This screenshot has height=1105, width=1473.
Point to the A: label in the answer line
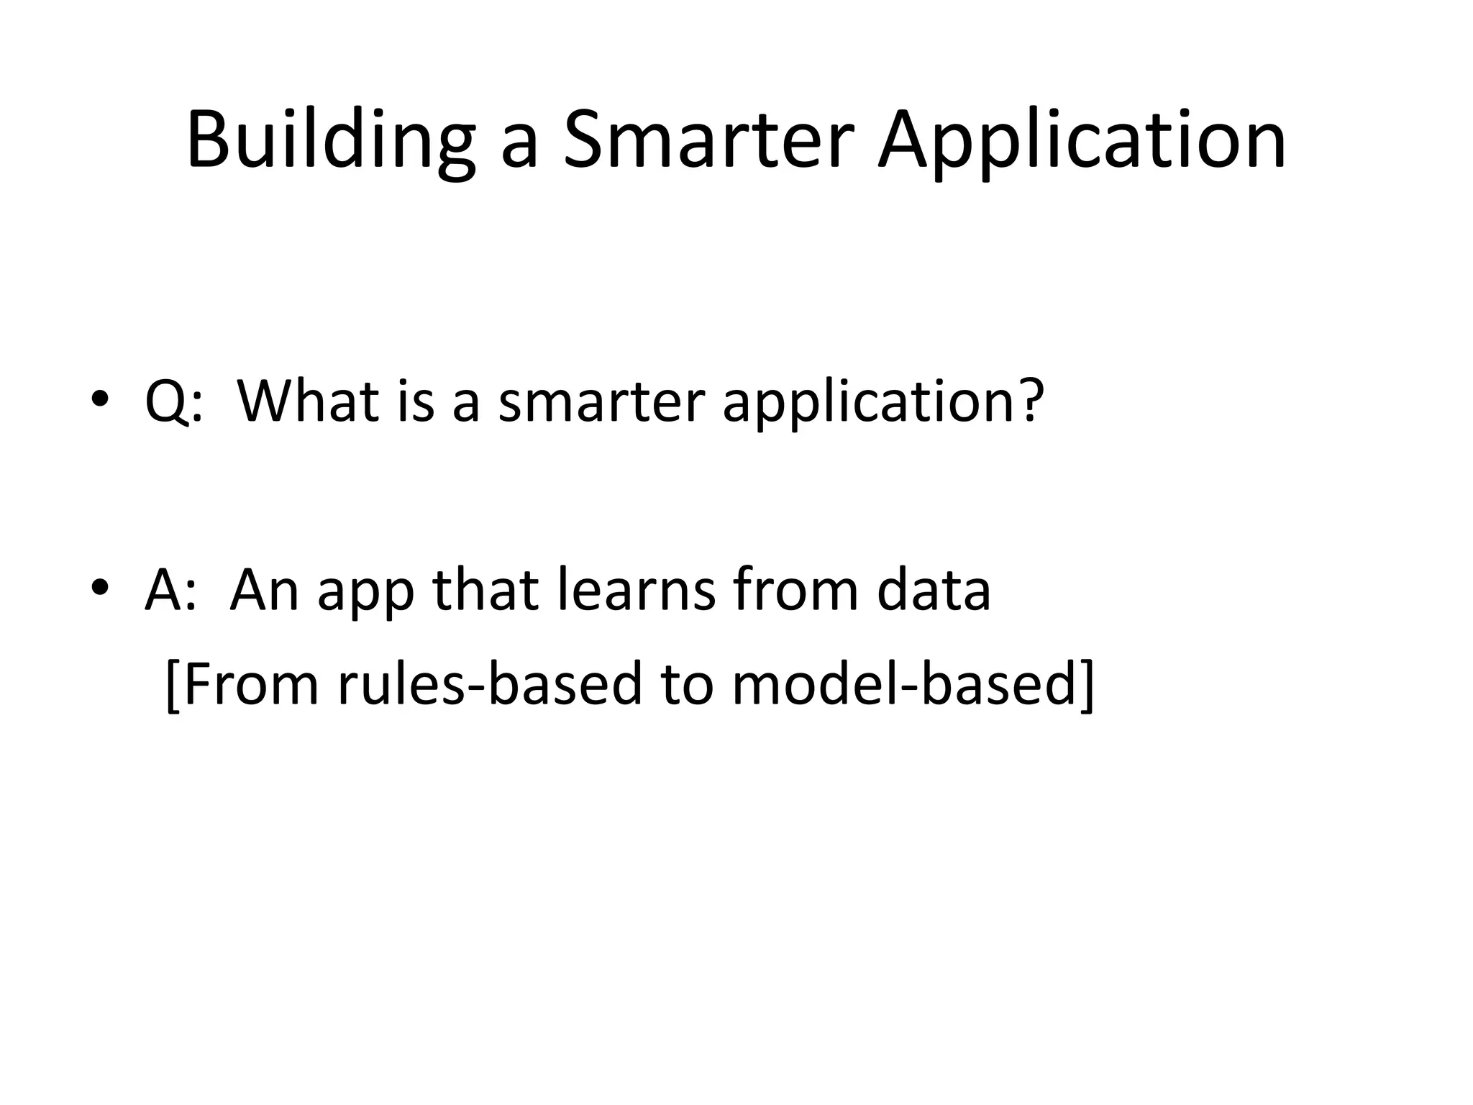[x=170, y=590]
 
